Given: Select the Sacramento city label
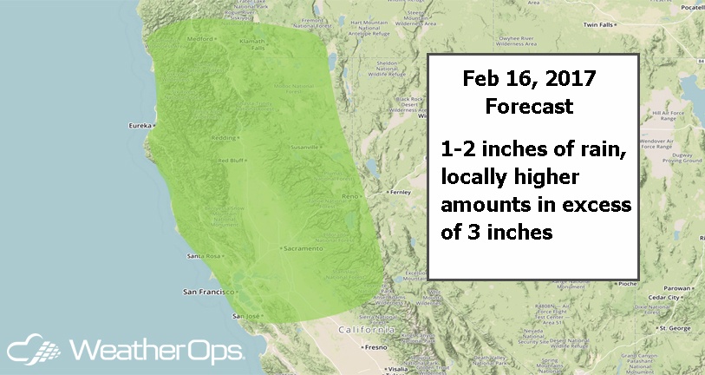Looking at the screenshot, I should pos(303,247).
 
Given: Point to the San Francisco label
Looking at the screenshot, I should pos(206,289).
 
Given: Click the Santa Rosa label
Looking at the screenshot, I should pos(203,257).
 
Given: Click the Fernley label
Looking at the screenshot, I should pos(400,191).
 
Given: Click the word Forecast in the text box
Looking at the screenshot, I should pos(528,108).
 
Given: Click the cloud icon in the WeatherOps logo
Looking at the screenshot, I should pos(32,352).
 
